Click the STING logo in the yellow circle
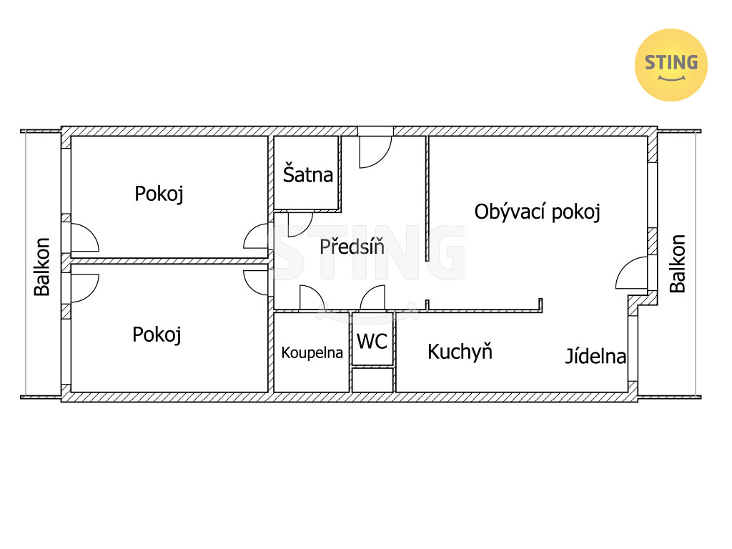point(671,65)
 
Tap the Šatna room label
point(308,174)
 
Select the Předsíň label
point(352,247)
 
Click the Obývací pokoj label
point(537,212)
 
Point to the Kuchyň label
point(460,351)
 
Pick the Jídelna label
point(595,356)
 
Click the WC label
point(372,341)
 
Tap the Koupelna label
point(312,352)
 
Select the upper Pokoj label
point(159,194)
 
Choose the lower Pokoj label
point(157,334)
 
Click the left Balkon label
point(42,267)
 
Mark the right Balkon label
point(677,264)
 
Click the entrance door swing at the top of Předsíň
point(374,151)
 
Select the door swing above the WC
point(374,299)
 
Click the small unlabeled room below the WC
point(372,380)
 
